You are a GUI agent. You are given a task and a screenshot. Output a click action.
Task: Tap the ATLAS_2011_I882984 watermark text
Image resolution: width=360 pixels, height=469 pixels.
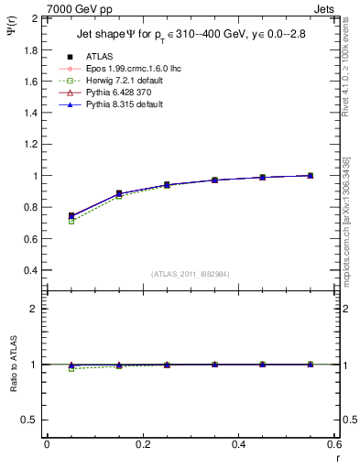click(190, 274)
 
